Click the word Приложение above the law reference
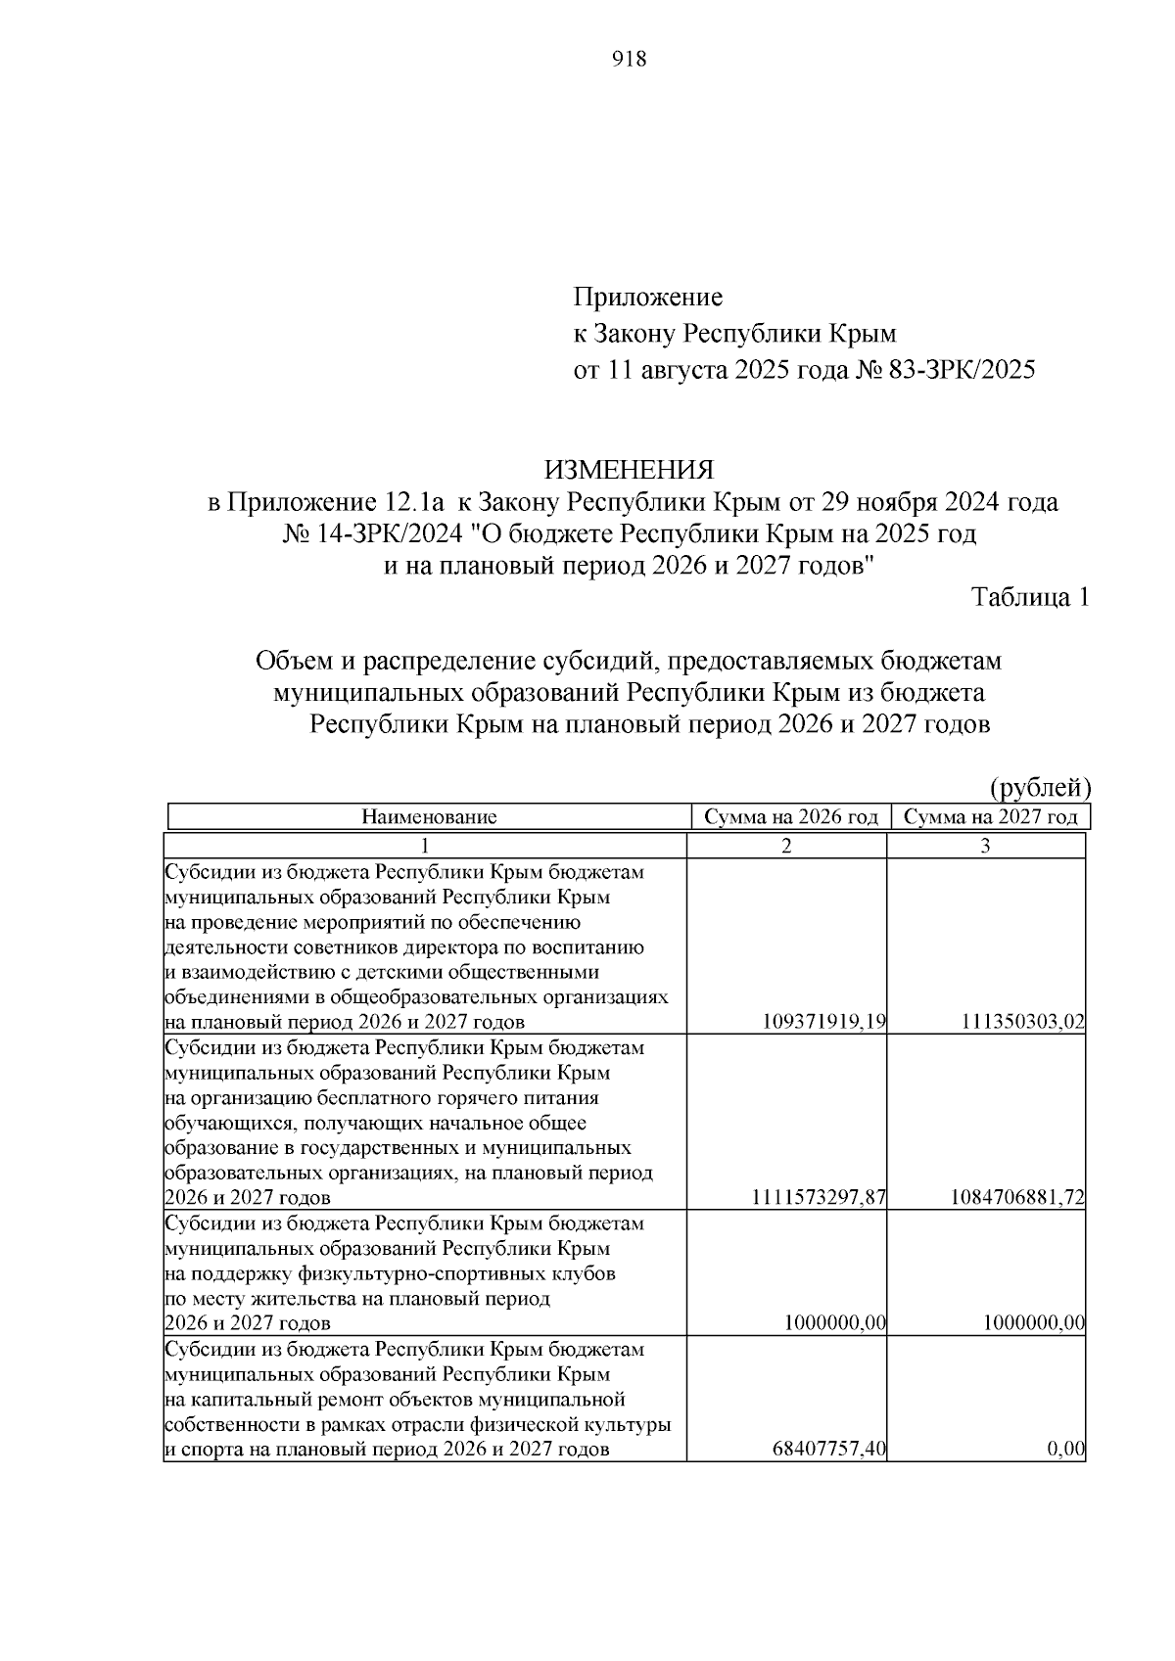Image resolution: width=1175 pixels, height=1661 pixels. pos(647,297)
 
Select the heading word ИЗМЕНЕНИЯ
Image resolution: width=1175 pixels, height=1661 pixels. pos(629,470)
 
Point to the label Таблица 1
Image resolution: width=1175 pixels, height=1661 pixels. pos(1029,597)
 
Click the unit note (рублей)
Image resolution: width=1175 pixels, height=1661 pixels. pos(1040,788)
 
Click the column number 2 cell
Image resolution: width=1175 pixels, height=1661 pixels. pos(786,847)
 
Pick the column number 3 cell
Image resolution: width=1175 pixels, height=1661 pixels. pos(986,847)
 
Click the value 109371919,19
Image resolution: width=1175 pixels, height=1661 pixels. pos(823,1023)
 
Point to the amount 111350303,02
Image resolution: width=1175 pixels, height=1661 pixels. pos(1022,1023)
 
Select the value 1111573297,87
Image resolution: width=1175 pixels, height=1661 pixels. pos(819,1198)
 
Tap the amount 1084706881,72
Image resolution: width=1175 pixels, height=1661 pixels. pos(1017,1198)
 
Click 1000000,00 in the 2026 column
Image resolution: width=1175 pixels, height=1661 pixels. pos(835,1323)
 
